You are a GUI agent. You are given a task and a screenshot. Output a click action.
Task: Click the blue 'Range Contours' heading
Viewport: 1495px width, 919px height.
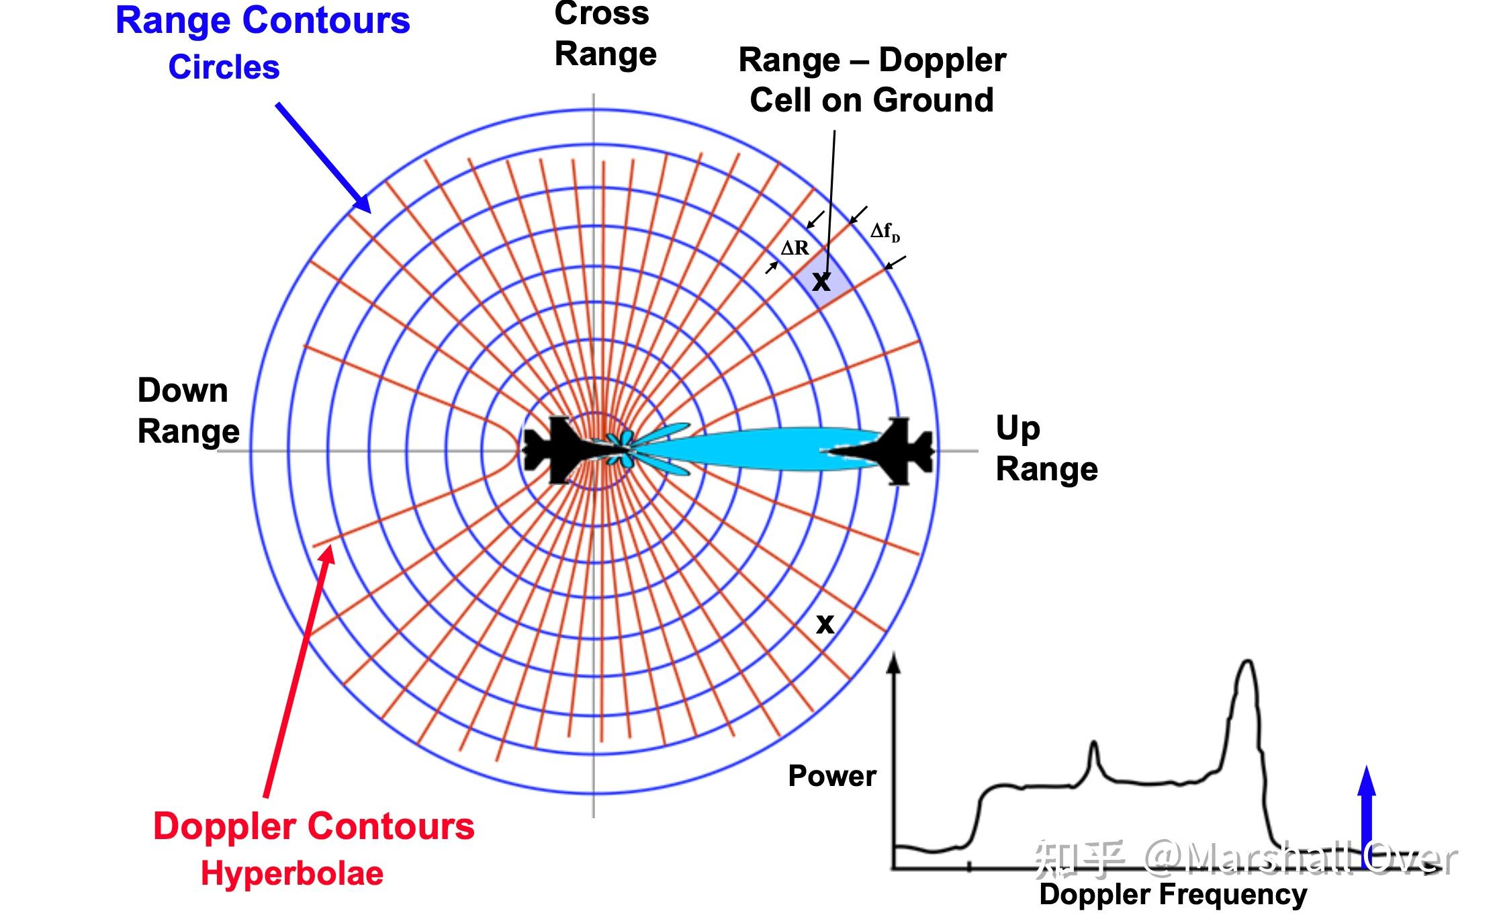[263, 20]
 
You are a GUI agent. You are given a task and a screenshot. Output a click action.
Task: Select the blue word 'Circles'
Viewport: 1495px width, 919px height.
[224, 67]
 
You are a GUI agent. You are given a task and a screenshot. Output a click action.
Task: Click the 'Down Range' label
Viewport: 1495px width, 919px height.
[187, 410]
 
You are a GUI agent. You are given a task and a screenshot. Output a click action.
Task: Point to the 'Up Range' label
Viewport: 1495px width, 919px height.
[1046, 448]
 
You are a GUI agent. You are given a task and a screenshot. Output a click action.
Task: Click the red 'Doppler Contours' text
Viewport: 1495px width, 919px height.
[314, 826]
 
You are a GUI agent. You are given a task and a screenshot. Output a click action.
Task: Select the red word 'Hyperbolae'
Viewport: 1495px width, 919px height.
[292, 873]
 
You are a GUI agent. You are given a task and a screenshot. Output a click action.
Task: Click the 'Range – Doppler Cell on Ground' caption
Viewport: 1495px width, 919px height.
[872, 80]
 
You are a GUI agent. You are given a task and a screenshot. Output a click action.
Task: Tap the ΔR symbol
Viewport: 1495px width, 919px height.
[795, 249]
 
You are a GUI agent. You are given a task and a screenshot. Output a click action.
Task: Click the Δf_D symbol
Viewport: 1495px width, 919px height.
[885, 232]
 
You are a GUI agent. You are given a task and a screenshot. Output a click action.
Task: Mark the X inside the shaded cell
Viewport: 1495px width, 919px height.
[821, 281]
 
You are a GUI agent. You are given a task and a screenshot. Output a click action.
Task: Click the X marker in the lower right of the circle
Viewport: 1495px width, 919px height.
[825, 624]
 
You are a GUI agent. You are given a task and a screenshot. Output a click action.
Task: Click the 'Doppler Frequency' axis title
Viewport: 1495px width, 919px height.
[1173, 894]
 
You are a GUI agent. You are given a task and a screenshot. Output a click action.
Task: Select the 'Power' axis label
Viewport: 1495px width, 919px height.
[832, 776]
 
